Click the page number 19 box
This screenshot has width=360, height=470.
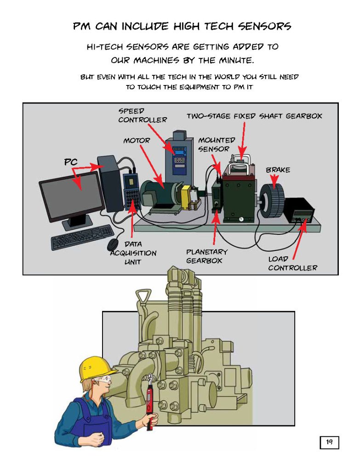[329, 442]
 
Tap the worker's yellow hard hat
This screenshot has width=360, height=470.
[96, 368]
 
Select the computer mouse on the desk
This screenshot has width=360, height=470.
[113, 244]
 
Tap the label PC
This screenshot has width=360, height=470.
[70, 162]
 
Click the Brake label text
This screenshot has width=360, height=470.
[278, 170]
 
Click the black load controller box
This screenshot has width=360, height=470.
[299, 211]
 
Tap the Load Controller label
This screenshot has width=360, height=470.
[292, 263]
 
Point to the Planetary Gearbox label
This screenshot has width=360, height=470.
[206, 256]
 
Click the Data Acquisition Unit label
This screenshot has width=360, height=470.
[133, 253]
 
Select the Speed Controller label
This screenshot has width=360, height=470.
[142, 115]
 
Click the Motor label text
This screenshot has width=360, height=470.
[136, 141]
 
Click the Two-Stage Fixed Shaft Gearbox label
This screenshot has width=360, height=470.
[254, 116]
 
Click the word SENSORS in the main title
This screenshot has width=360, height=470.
[264, 26]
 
